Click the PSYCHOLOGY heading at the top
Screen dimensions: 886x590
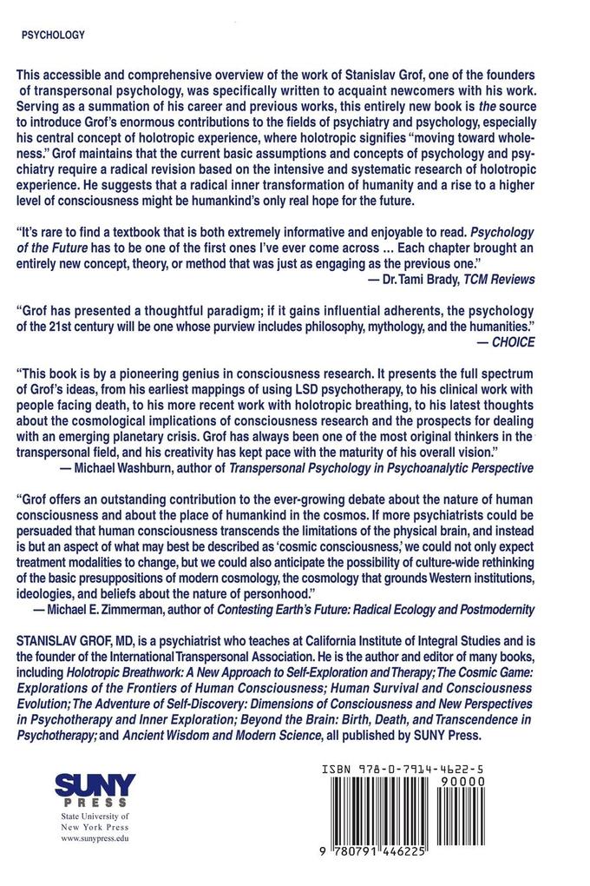tap(51, 36)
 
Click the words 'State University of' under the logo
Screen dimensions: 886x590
tap(93, 817)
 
